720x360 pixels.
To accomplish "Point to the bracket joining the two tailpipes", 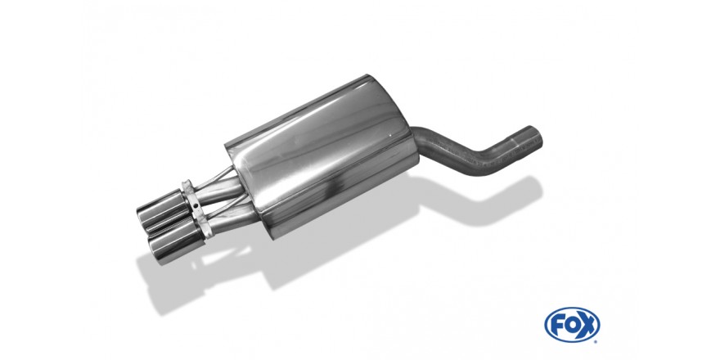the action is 196,208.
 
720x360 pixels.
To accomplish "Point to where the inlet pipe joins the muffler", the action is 418,141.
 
